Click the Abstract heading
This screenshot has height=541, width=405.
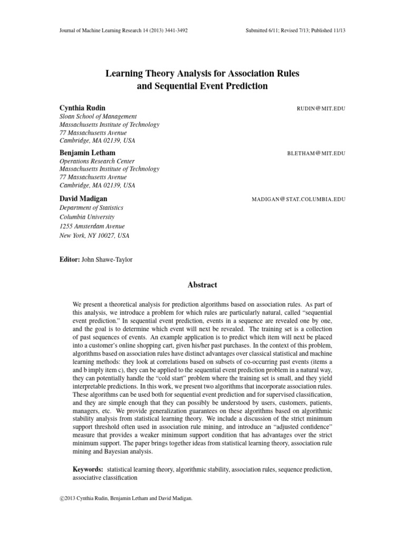pyautogui.click(x=202, y=285)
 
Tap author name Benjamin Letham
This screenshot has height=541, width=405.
pyautogui.click(x=88, y=153)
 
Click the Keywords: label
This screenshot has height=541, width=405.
pyautogui.click(x=88, y=469)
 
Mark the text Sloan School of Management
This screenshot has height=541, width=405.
pyautogui.click(x=98, y=116)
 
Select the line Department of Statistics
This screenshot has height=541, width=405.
pyautogui.click(x=93, y=208)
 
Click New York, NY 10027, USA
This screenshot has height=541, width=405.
pyautogui.click(x=94, y=235)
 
